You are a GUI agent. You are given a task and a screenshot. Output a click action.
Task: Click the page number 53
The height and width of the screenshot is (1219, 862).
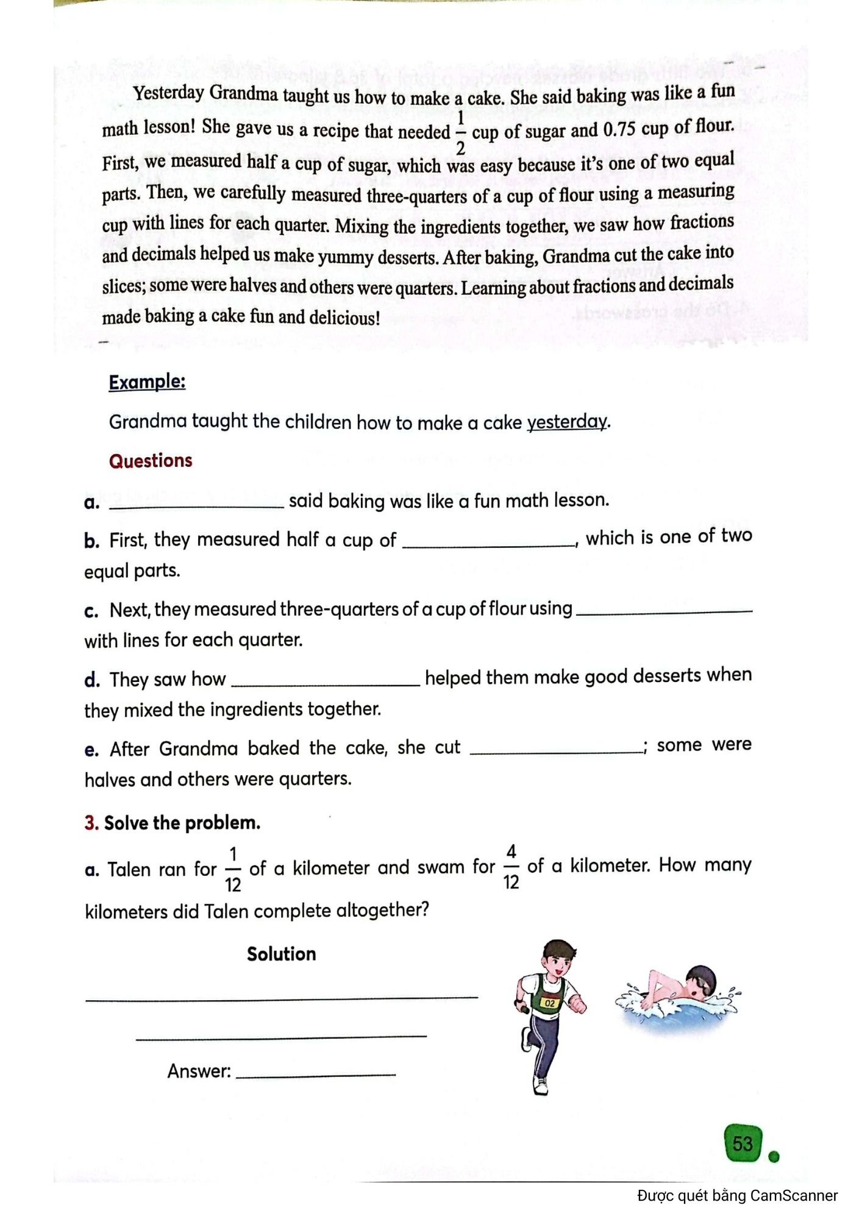pyautogui.click(x=743, y=1143)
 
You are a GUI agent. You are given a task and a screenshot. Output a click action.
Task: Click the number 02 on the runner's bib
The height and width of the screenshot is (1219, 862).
pyautogui.click(x=550, y=1003)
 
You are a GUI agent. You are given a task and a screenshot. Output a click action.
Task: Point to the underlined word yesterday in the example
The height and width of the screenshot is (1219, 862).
pyautogui.click(x=567, y=422)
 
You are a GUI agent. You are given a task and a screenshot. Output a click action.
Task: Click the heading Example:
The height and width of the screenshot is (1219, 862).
pyautogui.click(x=147, y=382)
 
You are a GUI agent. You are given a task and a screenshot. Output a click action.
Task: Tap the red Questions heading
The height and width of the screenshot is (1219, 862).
pyautogui.click(x=151, y=461)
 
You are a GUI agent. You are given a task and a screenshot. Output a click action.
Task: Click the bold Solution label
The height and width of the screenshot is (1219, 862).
pyautogui.click(x=281, y=954)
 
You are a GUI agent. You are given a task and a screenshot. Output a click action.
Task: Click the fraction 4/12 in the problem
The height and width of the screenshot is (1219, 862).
pyautogui.click(x=511, y=866)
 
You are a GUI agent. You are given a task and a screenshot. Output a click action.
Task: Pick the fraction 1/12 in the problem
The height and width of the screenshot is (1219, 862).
pyautogui.click(x=233, y=869)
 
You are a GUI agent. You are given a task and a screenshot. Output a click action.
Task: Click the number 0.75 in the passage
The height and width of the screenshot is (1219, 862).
pyautogui.click(x=619, y=130)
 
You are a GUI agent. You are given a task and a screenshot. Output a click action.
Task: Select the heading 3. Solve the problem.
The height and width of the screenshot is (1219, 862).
pyautogui.click(x=173, y=823)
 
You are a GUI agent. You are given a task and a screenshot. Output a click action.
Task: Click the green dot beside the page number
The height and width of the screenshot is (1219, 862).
pyautogui.click(x=774, y=1156)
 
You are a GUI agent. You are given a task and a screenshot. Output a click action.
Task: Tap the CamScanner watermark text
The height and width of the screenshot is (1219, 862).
pyautogui.click(x=737, y=1195)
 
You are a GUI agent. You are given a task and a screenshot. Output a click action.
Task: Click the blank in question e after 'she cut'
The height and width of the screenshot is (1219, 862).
pyautogui.click(x=557, y=752)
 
